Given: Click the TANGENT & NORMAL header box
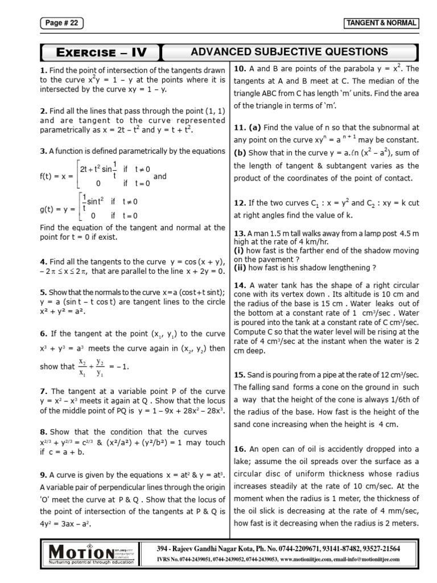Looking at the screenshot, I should (x=382, y=23).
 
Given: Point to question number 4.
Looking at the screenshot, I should (x=43, y=261).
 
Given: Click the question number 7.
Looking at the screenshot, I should (x=43, y=391).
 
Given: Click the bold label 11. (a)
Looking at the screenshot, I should (x=248, y=128).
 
